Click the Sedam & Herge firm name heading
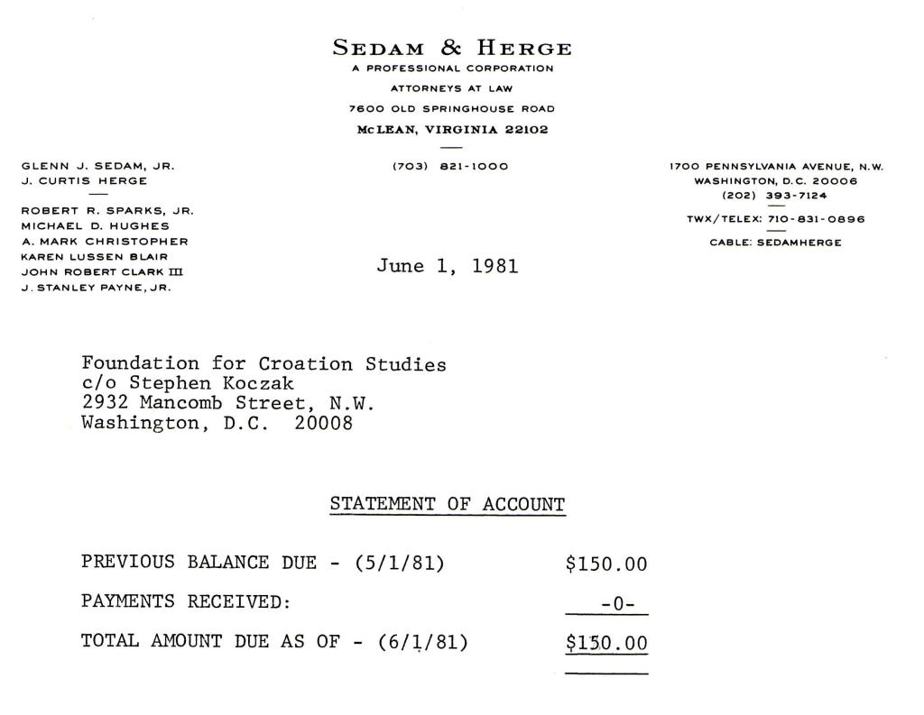click(451, 48)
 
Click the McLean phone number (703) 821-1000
click(450, 166)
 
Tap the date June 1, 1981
click(448, 266)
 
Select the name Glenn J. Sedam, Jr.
click(97, 166)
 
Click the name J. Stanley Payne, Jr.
click(96, 288)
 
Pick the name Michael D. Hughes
click(95, 225)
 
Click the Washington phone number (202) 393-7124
click(776, 196)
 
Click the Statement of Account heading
click(448, 504)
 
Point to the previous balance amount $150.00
click(606, 565)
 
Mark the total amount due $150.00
click(606, 643)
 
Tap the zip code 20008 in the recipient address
click(324, 423)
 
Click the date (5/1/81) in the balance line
click(400, 564)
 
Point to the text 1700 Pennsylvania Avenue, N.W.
click(776, 166)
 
